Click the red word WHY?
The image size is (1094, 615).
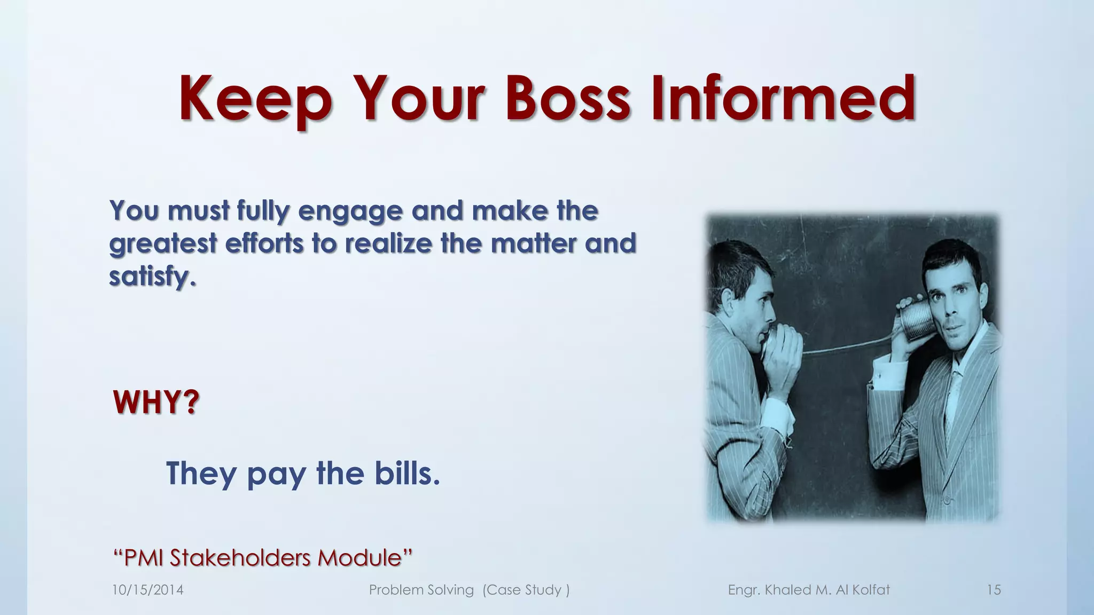point(156,403)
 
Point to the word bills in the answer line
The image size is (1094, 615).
point(407,473)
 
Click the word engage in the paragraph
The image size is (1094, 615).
point(350,211)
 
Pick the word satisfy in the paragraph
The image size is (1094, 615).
point(152,277)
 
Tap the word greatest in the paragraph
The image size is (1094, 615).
point(163,245)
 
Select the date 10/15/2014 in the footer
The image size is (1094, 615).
point(147,590)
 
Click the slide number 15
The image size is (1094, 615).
point(994,590)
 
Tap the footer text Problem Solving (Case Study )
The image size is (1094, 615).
point(469,590)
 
